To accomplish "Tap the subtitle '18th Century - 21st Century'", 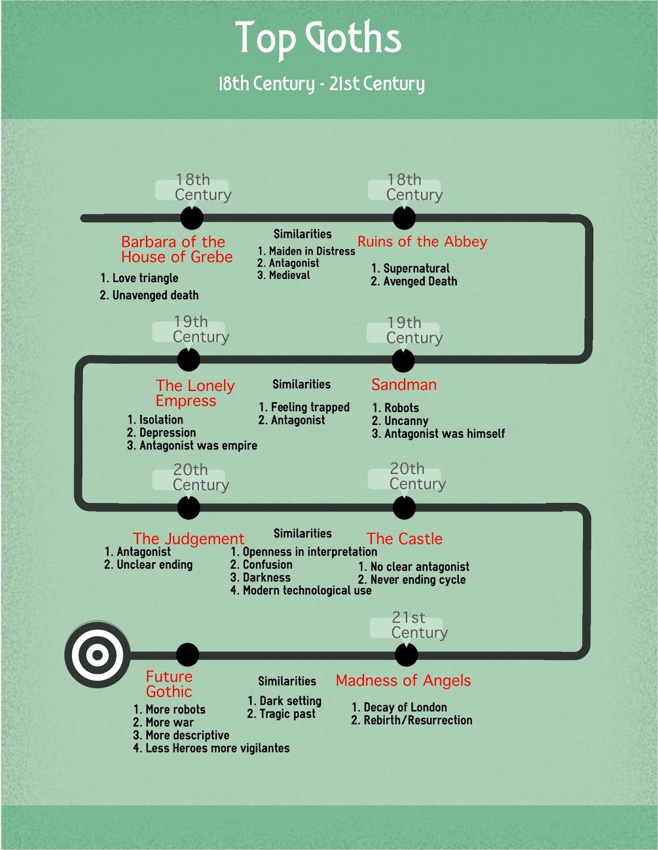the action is [321, 83].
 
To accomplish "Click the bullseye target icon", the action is [97, 654].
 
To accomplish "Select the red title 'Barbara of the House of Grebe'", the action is [176, 249].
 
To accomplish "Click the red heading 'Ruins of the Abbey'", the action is [422, 242].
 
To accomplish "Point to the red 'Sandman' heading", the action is [404, 385].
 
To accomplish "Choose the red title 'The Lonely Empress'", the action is [194, 393].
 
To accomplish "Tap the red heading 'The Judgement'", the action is [188, 539].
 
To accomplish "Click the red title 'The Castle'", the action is [404, 539].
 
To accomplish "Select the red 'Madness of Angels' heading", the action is [403, 681].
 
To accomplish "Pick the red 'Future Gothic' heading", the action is [169, 684].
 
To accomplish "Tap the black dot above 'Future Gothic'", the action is [187, 654].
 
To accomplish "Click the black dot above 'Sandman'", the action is [403, 361].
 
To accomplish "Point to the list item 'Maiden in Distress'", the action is [311, 251].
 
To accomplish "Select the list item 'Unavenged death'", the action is [155, 295].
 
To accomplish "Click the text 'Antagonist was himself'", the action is [444, 434].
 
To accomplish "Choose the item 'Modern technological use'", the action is [306, 591].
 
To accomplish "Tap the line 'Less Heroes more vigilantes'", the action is [217, 749].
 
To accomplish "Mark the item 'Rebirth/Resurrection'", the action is [417, 720].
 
